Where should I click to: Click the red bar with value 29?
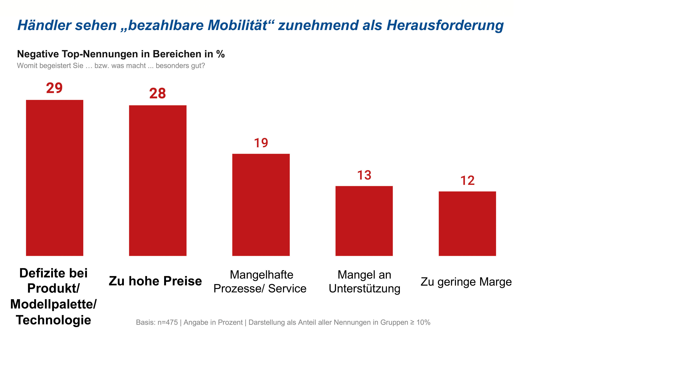pos(54,178)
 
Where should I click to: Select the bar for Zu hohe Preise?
pos(158,180)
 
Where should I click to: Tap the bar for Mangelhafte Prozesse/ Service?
pos(261,204)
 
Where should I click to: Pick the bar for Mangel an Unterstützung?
pos(364,221)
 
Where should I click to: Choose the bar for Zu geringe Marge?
pos(467,223)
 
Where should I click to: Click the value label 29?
pos(54,88)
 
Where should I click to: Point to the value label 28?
pos(158,93)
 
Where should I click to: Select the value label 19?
pos(261,143)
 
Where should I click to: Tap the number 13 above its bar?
pos(364,175)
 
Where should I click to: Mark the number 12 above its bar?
pos(467,180)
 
